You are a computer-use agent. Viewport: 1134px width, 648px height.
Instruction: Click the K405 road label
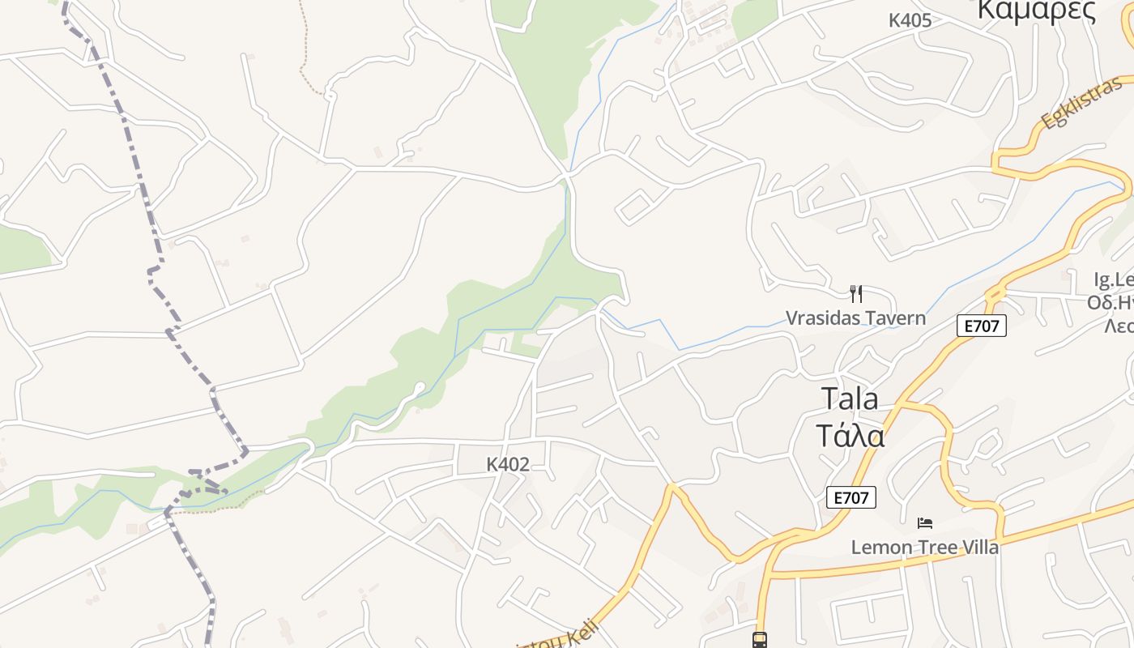pyautogui.click(x=910, y=20)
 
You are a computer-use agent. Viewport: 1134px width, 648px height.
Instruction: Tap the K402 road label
pyautogui.click(x=508, y=464)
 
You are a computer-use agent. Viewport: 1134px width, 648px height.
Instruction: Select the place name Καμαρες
pyautogui.click(x=1037, y=11)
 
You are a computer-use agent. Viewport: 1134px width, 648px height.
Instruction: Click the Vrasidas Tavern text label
pyautogui.click(x=855, y=318)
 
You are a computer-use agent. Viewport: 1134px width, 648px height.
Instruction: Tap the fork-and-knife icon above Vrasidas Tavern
pyautogui.click(x=855, y=293)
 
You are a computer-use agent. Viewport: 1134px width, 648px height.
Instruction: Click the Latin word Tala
pyautogui.click(x=850, y=399)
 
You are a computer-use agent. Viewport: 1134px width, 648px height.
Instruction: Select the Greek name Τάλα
pyautogui.click(x=850, y=435)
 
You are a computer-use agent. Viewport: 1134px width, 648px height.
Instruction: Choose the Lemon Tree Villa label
pyautogui.click(x=924, y=547)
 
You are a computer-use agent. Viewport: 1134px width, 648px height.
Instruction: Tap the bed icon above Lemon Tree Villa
pyautogui.click(x=924, y=523)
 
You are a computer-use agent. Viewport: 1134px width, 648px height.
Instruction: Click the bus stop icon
pyautogui.click(x=760, y=640)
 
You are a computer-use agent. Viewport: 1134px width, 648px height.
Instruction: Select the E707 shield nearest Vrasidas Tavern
pyautogui.click(x=981, y=326)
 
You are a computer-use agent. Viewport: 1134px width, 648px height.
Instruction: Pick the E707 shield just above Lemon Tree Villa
pyautogui.click(x=850, y=497)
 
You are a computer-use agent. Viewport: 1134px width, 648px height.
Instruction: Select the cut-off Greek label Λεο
pyautogui.click(x=1119, y=325)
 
